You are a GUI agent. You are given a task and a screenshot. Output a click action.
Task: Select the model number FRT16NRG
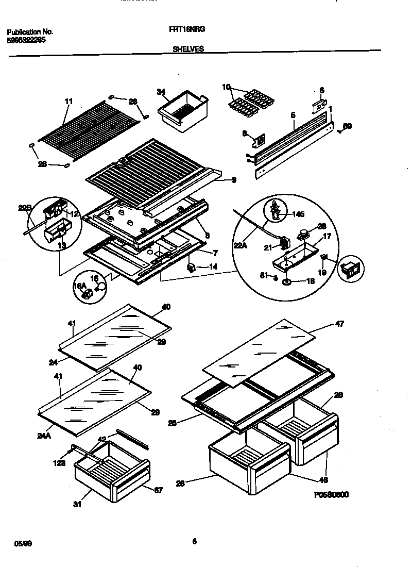click(x=187, y=30)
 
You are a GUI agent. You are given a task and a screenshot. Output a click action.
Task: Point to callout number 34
click(x=161, y=92)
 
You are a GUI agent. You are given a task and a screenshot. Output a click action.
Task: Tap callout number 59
click(x=347, y=126)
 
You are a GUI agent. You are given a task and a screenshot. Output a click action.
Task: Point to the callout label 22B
click(x=25, y=208)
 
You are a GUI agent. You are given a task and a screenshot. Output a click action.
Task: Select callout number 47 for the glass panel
click(x=339, y=324)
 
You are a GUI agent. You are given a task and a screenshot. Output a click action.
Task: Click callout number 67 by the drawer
click(x=158, y=490)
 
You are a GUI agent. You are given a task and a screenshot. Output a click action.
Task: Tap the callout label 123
click(x=59, y=463)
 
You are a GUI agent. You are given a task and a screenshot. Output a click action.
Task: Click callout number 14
click(x=213, y=266)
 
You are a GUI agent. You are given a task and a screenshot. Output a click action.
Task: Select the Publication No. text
click(x=30, y=32)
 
